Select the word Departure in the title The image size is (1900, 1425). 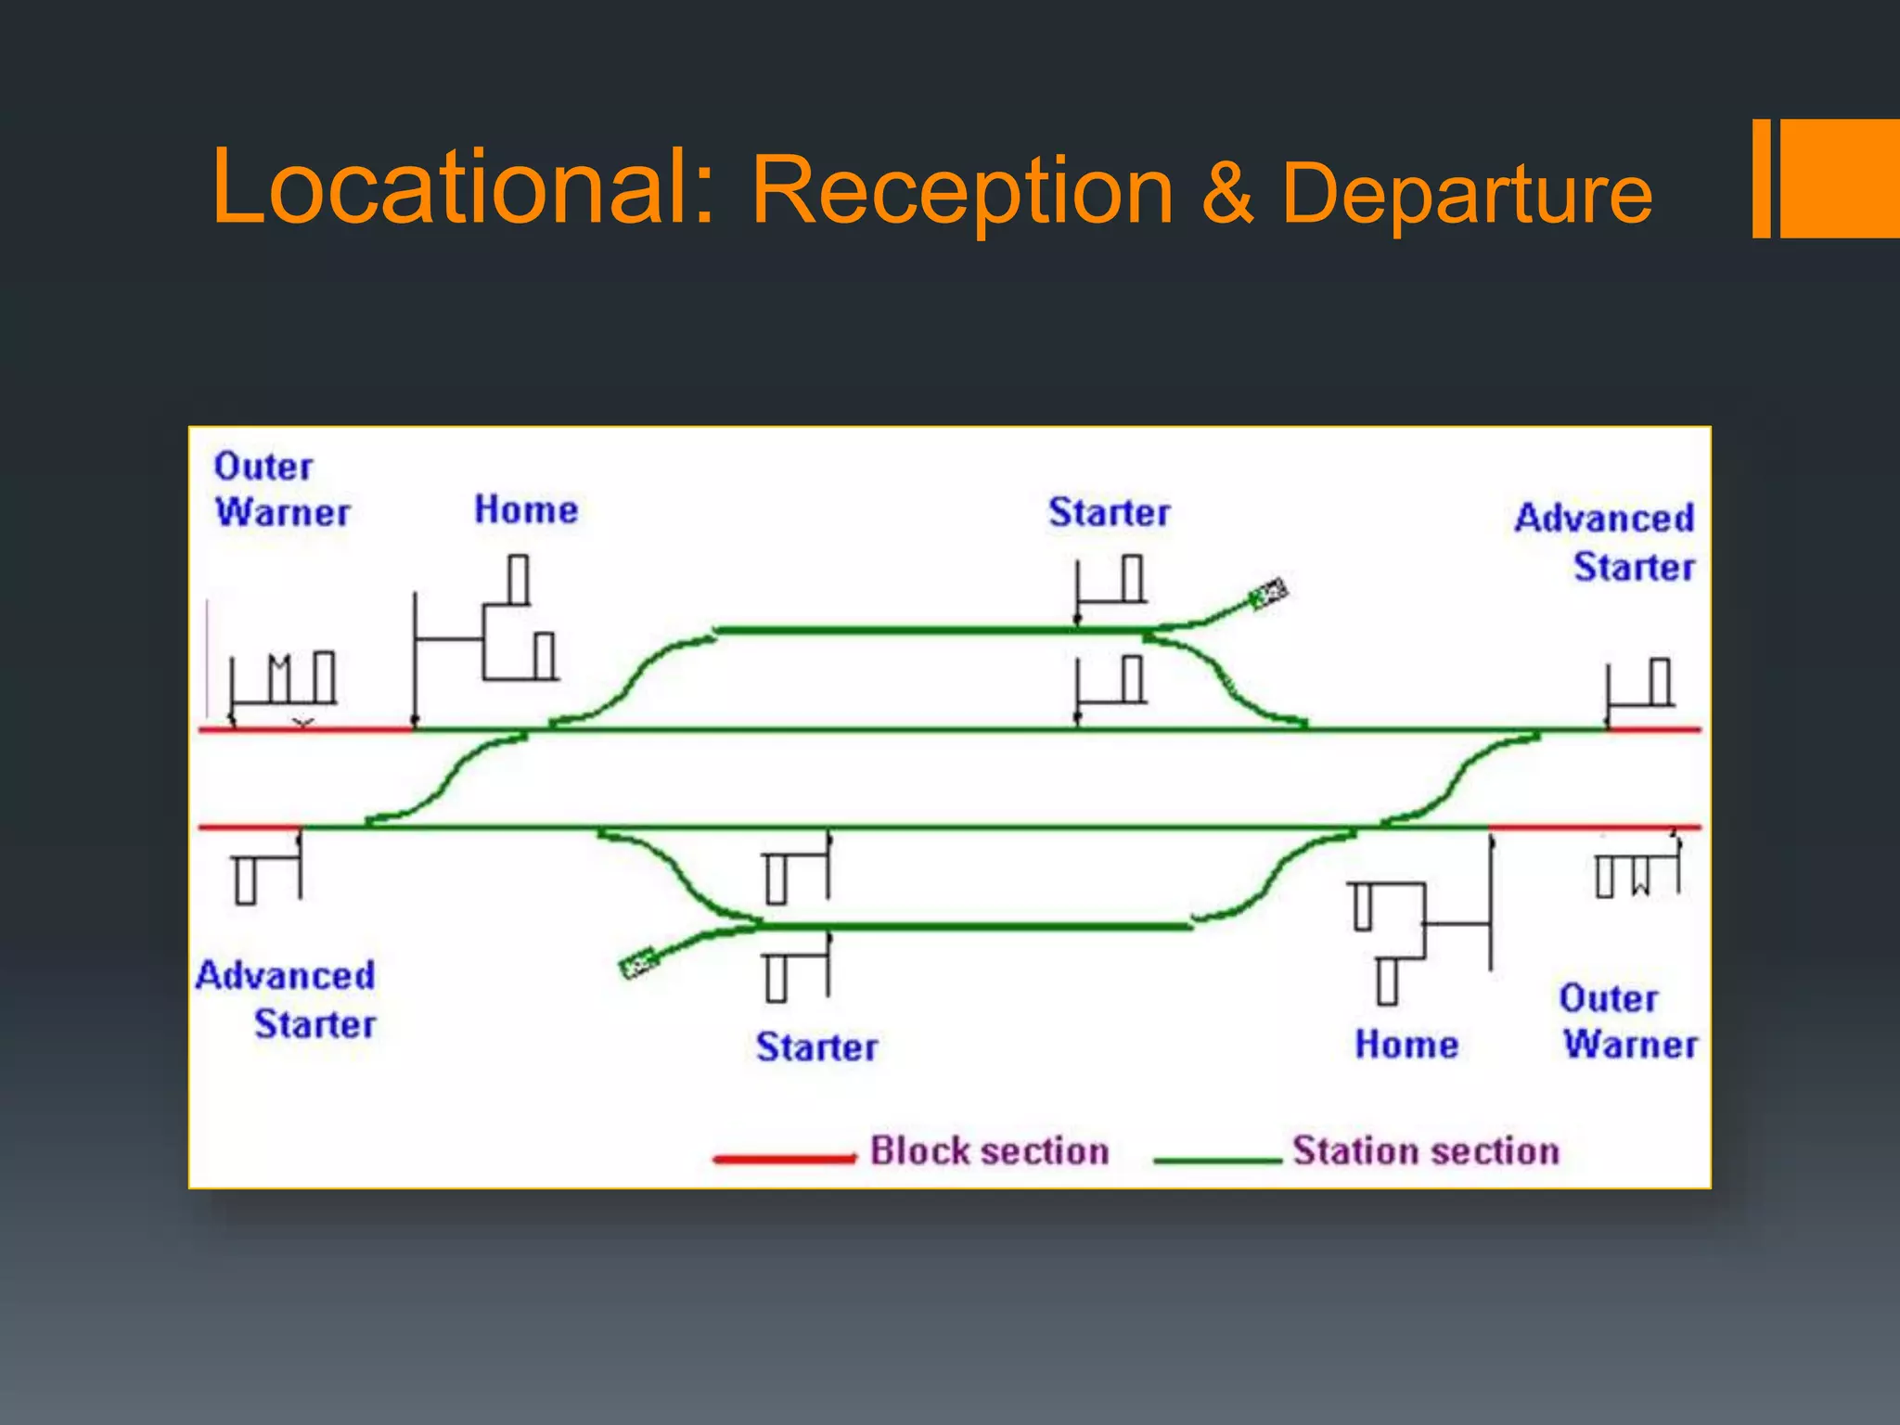tap(1467, 193)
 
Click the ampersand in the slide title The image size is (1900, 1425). tap(1226, 192)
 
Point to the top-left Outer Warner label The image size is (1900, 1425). tap(281, 489)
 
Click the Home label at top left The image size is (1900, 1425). tap(526, 509)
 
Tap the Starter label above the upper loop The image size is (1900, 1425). tap(1109, 512)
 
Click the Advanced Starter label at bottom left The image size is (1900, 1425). tap(287, 999)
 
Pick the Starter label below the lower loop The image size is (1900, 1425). tap(816, 1046)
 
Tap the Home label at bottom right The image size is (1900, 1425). tap(1406, 1044)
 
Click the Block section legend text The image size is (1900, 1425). tap(989, 1150)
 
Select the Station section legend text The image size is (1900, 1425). tap(1425, 1150)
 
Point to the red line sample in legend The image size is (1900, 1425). tap(784, 1158)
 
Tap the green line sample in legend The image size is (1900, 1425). tap(1217, 1160)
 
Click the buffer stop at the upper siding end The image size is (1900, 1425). tap(1268, 593)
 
